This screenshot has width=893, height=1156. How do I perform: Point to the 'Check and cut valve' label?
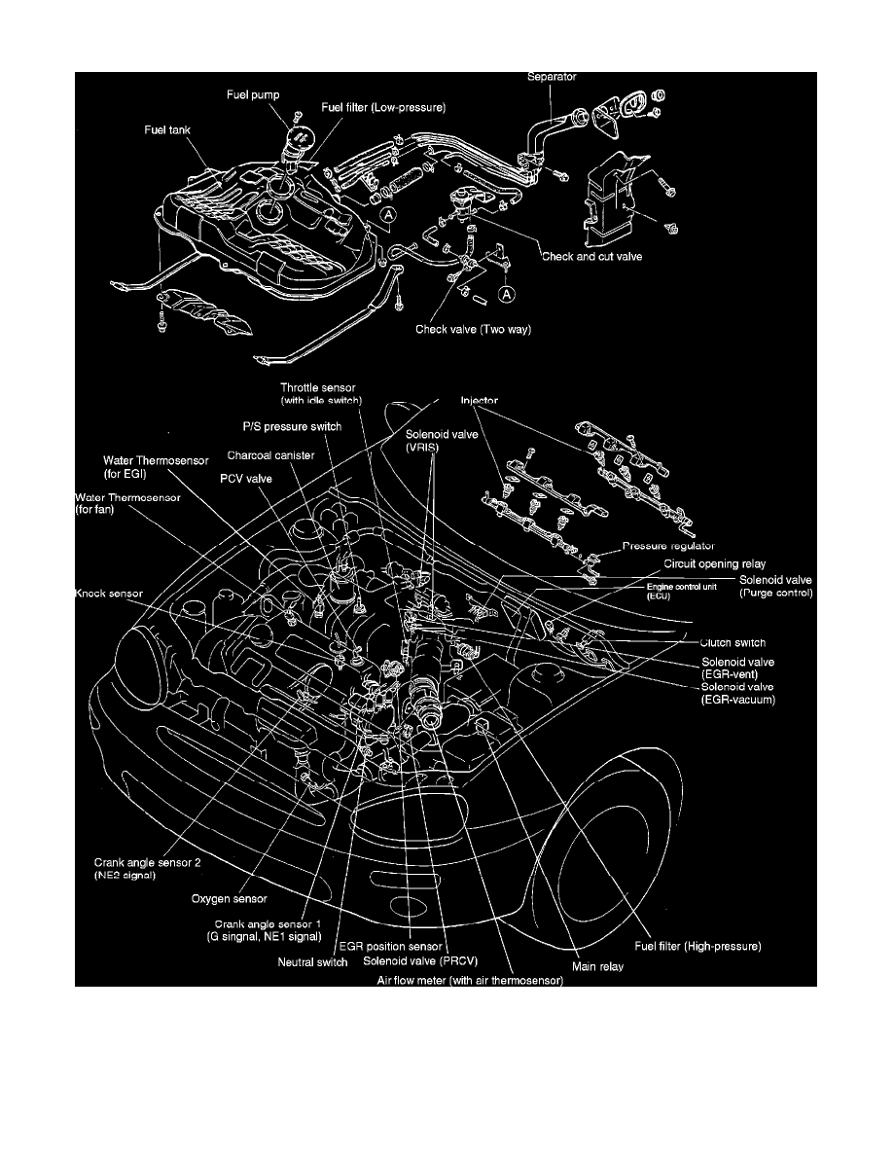pos(592,257)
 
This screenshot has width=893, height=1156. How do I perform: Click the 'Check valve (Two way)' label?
pos(474,329)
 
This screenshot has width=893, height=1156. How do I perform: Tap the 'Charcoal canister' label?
pos(269,453)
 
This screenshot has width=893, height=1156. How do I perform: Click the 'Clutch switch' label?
pos(733,642)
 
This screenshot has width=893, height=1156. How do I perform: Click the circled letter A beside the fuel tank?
pos(388,213)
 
